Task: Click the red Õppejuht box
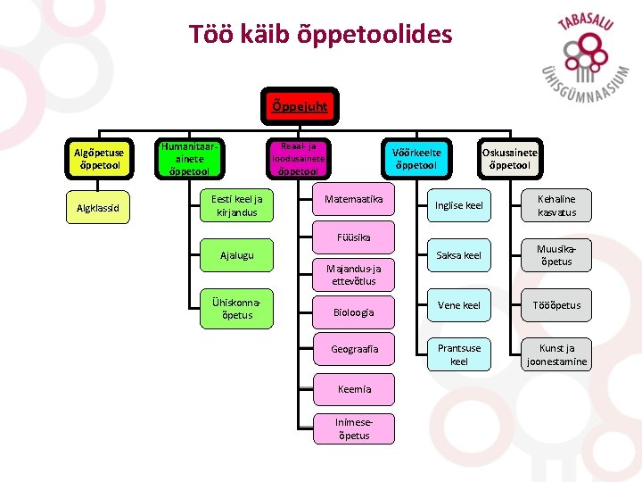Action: pyautogui.click(x=299, y=106)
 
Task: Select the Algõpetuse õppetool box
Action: pyautogui.click(x=100, y=157)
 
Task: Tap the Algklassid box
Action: pyautogui.click(x=100, y=210)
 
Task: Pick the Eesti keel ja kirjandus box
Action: pyautogui.click(x=236, y=206)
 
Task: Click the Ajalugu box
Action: pyautogui.click(x=236, y=255)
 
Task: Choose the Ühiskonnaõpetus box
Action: pyautogui.click(x=236, y=307)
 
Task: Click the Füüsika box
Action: pyautogui.click(x=353, y=237)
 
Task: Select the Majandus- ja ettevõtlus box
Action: pyautogui.click(x=353, y=274)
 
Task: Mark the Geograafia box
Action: pyautogui.click(x=353, y=350)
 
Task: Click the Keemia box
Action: pyautogui.click(x=353, y=389)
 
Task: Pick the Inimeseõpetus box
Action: pyautogui.click(x=353, y=428)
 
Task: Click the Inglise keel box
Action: pyautogui.click(x=458, y=205)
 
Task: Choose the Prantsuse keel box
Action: pyautogui.click(x=458, y=354)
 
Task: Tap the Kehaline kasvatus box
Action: pyautogui.click(x=556, y=205)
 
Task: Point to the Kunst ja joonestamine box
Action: pyautogui.click(x=556, y=354)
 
